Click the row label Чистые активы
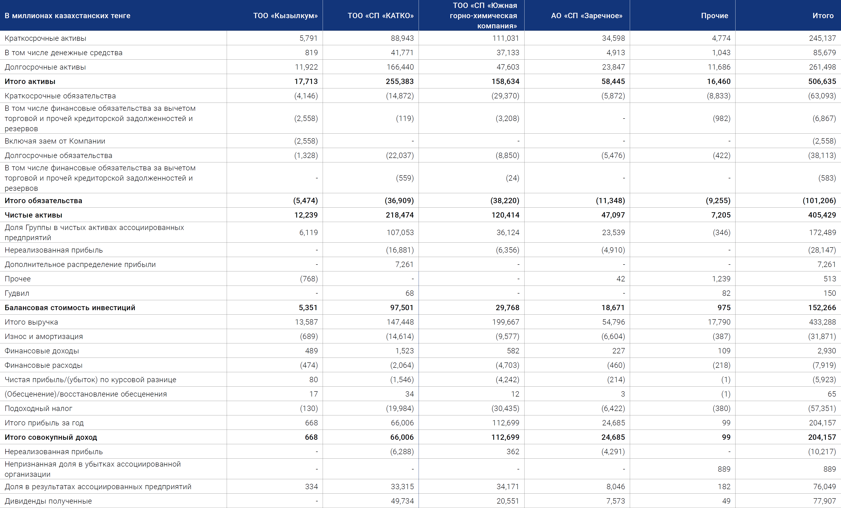[x=33, y=215]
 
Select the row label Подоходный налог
[x=39, y=408]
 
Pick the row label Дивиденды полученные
[x=48, y=501]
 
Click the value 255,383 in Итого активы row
[x=400, y=82]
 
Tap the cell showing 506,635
[x=822, y=82]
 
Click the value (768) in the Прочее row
[x=309, y=279]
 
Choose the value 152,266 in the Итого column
[x=822, y=308]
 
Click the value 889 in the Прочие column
[x=724, y=469]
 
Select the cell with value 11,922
[x=306, y=67]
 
